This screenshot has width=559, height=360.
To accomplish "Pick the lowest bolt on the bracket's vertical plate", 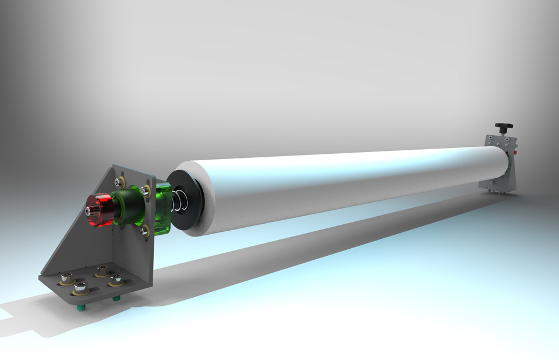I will click(x=144, y=231).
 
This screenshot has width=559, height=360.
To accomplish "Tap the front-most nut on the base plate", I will click(x=81, y=286).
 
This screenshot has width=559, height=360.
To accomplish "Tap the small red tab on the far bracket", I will click(x=515, y=153).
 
